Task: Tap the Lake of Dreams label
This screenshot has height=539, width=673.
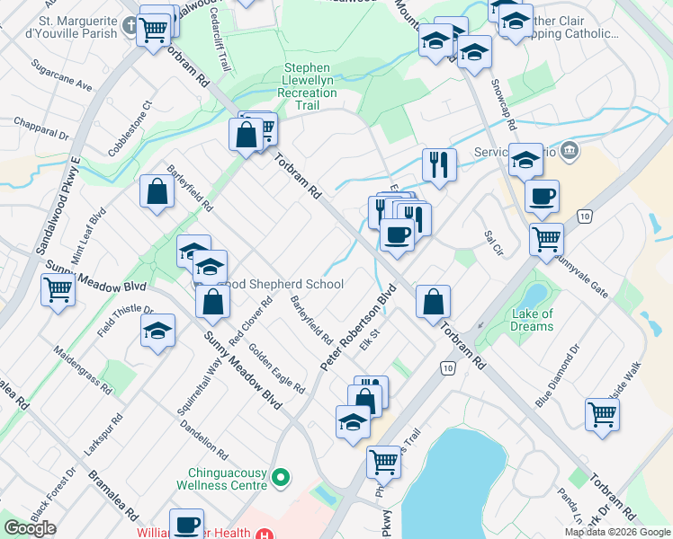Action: point(532,320)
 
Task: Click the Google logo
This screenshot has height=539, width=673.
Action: point(30,528)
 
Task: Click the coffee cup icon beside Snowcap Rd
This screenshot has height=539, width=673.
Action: point(542,196)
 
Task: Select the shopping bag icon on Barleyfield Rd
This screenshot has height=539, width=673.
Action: point(157,192)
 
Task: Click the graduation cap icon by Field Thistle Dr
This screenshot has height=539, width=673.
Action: point(157,331)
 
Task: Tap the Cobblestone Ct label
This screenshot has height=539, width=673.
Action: point(130,127)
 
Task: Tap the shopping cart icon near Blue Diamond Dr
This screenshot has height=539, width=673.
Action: point(603,413)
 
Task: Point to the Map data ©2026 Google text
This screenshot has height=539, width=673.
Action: point(617,532)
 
